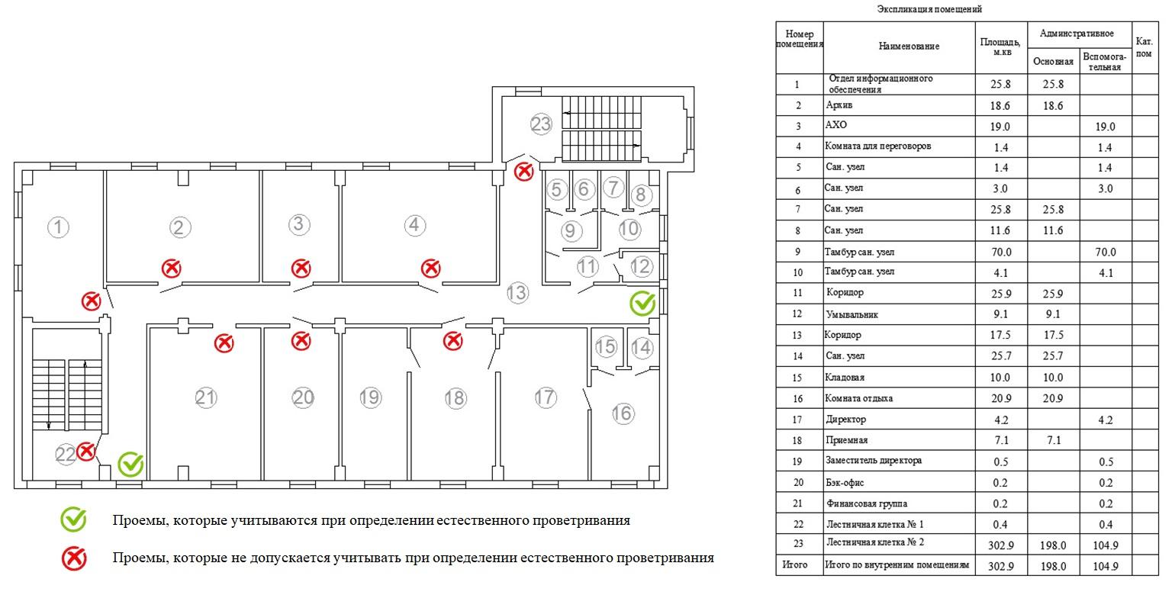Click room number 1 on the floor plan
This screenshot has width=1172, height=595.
[x=58, y=227]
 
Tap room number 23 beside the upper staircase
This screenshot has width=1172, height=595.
[x=540, y=124]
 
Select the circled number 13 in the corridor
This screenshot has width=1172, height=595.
[x=517, y=293]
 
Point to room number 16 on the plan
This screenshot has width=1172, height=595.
[x=623, y=413]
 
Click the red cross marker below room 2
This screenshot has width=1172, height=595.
[x=171, y=269]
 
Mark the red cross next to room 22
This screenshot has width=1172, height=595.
[x=85, y=452]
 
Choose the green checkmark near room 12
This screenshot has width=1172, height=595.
[x=642, y=304]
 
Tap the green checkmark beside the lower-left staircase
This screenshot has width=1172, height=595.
[x=130, y=465]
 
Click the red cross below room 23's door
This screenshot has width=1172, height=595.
[x=523, y=172]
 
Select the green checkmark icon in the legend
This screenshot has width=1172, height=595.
[x=73, y=519]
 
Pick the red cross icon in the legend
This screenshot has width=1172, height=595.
[x=74, y=558]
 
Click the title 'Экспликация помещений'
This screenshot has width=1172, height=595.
[x=930, y=9]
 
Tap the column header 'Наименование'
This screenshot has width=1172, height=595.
[x=909, y=46]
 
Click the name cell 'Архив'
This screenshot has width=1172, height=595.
[x=839, y=105]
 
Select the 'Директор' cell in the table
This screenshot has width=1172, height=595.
[x=845, y=420]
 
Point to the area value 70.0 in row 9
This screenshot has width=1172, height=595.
[x=1001, y=252]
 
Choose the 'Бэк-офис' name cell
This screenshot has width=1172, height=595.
[x=845, y=483]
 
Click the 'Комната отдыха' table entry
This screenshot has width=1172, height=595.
[x=858, y=398]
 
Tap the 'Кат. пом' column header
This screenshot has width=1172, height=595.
[x=1144, y=47]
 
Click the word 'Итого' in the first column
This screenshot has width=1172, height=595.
[x=794, y=564]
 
